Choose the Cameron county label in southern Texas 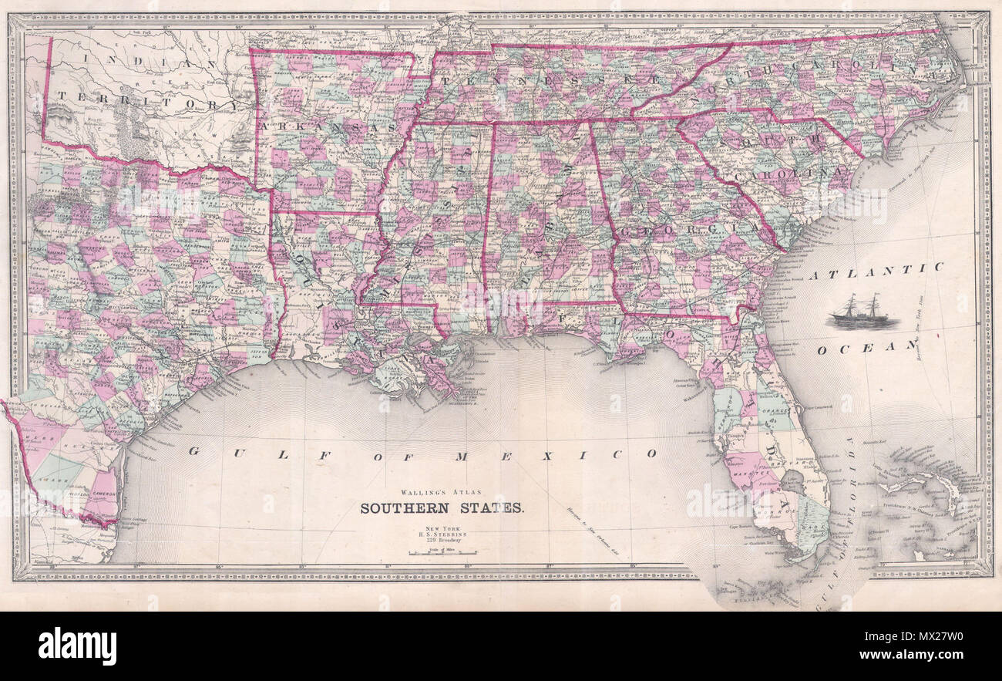click(x=105, y=494)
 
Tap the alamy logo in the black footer click(x=77, y=646)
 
